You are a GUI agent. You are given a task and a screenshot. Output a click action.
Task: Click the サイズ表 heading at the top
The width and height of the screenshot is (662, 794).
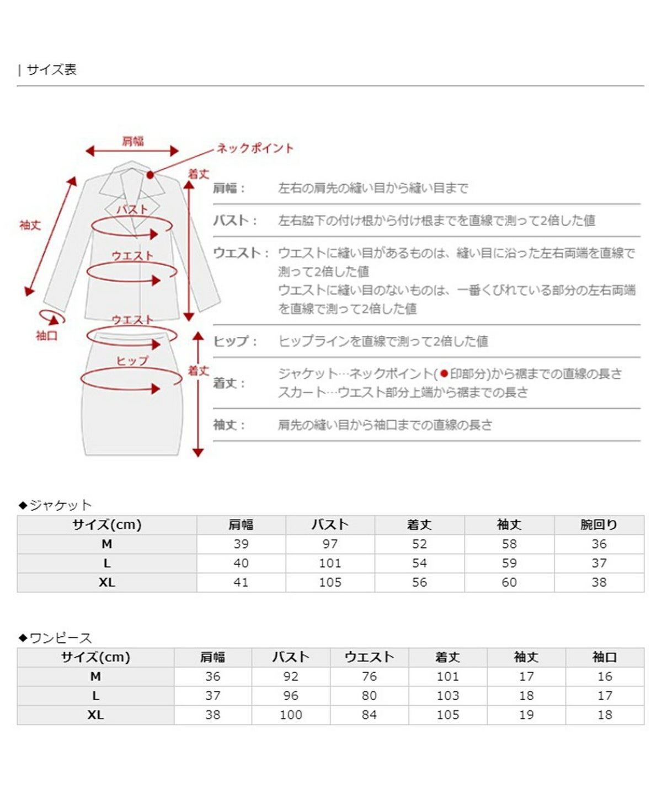tap(51, 70)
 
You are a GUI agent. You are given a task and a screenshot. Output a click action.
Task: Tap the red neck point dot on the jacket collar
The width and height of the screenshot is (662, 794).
tap(150, 175)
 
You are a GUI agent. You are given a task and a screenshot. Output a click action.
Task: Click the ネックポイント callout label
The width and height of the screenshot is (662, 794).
tap(255, 148)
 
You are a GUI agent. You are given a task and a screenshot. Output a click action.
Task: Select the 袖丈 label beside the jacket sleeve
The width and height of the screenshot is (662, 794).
tap(30, 225)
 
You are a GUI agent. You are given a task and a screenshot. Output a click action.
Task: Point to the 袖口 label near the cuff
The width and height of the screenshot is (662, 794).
tap(46, 336)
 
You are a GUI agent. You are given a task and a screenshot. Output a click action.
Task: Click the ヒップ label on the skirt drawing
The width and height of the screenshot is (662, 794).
tap(132, 361)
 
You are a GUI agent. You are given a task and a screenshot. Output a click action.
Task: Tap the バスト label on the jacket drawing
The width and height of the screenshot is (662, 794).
tap(132, 210)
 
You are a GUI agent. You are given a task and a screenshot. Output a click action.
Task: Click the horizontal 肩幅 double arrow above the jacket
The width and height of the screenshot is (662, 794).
tap(132, 151)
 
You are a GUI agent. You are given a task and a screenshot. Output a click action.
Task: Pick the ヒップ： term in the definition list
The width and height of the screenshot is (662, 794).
tap(235, 341)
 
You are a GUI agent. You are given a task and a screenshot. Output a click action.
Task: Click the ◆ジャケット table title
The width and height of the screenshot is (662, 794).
tap(55, 505)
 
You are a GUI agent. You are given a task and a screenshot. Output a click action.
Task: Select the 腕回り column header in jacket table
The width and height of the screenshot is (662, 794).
tap(599, 525)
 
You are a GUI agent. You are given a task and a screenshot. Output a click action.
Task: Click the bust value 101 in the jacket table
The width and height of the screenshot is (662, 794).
tap(330, 563)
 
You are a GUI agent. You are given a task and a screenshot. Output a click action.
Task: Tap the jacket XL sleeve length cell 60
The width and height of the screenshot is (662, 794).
tap(509, 582)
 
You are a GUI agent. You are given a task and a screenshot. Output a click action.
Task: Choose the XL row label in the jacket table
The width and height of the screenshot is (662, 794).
tap(106, 582)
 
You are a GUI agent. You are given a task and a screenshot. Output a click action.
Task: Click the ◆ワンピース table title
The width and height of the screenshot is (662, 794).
tap(55, 638)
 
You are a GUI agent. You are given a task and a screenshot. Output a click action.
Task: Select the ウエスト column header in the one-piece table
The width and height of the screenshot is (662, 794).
tap(369, 657)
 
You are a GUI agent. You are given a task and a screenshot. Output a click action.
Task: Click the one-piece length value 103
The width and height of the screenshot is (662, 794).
tap(447, 696)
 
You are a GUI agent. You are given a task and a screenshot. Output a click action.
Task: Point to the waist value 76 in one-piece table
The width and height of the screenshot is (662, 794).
tap(369, 677)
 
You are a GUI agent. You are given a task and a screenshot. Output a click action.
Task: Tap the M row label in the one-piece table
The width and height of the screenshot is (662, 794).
tap(95, 677)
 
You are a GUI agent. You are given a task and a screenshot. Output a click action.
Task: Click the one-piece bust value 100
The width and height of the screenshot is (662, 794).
tap(291, 715)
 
